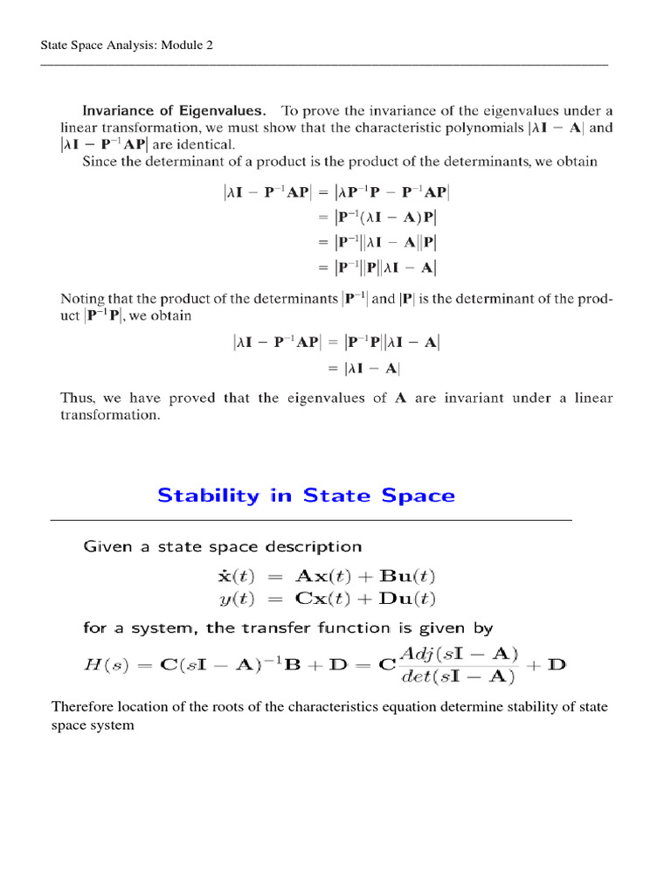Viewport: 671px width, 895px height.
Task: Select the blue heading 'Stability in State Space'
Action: click(x=306, y=496)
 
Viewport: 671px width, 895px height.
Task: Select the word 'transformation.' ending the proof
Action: click(x=110, y=416)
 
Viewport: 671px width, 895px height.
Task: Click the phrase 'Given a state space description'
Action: click(x=222, y=547)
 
